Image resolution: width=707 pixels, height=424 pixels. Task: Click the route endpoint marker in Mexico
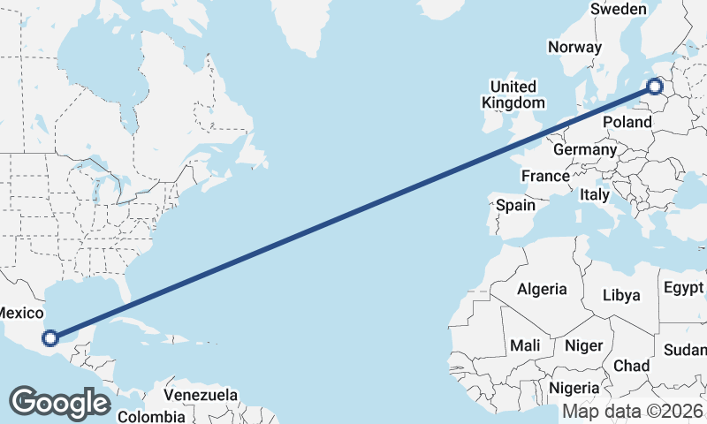[x=50, y=337]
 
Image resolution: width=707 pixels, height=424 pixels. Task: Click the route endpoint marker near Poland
[x=655, y=86]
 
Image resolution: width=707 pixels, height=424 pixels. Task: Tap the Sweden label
[x=619, y=9]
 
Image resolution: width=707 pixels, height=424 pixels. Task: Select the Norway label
[x=574, y=47]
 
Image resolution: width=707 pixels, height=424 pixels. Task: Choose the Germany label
[x=585, y=149]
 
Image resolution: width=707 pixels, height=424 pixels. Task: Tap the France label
[x=545, y=176]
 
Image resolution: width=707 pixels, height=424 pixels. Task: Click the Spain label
[x=516, y=205]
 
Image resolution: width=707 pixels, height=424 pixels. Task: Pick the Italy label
[x=595, y=194]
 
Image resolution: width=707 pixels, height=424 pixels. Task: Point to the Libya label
[x=621, y=295]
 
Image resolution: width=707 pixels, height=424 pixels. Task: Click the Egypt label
[x=684, y=288]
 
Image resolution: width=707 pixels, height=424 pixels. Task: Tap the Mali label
[x=525, y=345]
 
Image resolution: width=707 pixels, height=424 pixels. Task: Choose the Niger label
[x=584, y=345]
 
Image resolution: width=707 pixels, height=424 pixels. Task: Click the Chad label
[x=631, y=366]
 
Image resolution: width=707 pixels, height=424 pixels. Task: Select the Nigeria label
[x=574, y=387]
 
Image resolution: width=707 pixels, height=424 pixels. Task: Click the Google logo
[x=59, y=403]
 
